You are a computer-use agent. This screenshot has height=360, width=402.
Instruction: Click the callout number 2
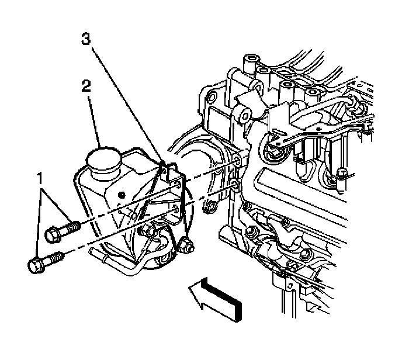point(86,88)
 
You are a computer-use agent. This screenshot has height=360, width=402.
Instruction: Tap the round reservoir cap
point(102,157)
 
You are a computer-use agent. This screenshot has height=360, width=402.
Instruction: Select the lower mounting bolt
point(47,260)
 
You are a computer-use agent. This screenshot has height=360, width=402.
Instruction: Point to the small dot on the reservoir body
point(122,193)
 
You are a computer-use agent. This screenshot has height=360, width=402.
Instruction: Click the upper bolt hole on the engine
point(236,161)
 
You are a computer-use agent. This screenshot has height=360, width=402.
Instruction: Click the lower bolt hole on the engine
point(234,186)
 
